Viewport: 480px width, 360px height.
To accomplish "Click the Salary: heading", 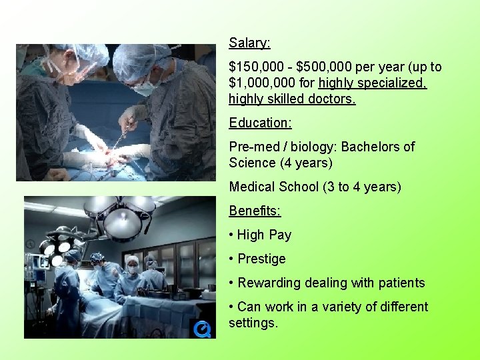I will (249, 43).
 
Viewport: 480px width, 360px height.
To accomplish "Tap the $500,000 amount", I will (325, 67).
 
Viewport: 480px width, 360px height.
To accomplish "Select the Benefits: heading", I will (255, 211).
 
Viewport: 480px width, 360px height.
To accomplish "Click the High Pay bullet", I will (264, 235).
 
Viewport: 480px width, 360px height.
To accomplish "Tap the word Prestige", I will (261, 259).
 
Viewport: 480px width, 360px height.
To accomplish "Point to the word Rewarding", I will (269, 283).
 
